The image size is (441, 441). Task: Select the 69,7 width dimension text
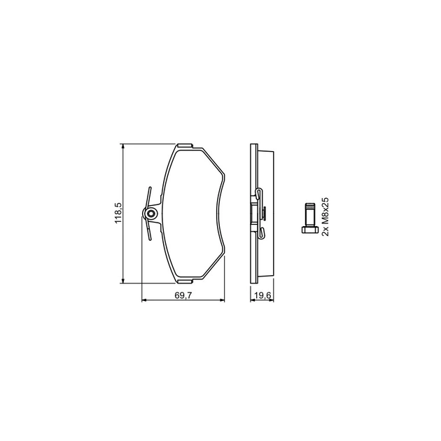click(x=183, y=295)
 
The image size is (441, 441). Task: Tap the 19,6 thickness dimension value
click(x=262, y=295)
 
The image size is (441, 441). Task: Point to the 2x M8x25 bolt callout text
click(x=325, y=216)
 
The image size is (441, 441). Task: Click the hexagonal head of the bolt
click(x=310, y=230)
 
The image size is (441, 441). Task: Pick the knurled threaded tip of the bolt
click(x=310, y=206)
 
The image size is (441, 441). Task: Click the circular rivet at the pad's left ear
click(x=151, y=214)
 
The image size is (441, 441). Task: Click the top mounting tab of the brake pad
click(x=185, y=146)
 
